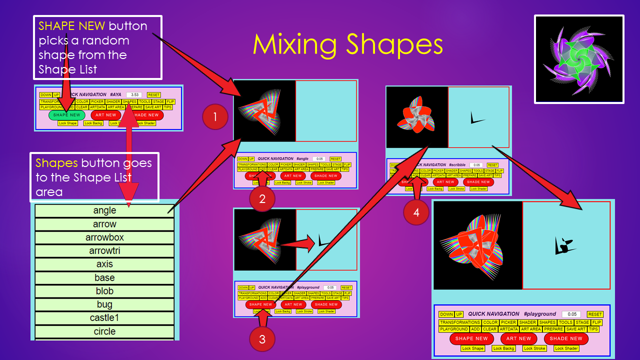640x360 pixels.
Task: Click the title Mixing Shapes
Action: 348,44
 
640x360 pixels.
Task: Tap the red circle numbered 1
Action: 215,117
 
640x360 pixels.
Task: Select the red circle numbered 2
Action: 262,199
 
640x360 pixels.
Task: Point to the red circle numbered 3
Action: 262,339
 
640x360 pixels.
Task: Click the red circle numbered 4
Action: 416,212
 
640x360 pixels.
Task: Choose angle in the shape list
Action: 104,210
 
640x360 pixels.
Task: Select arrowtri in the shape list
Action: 104,251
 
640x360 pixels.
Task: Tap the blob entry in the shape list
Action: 104,291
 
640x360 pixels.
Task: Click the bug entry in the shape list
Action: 104,304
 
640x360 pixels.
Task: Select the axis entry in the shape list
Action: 104,264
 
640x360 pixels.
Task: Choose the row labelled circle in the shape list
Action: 104,331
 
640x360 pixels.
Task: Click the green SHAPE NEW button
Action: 67,115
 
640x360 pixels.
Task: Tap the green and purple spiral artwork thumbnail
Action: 579,59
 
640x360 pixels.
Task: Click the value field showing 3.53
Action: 133,94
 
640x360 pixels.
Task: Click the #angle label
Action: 302,158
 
